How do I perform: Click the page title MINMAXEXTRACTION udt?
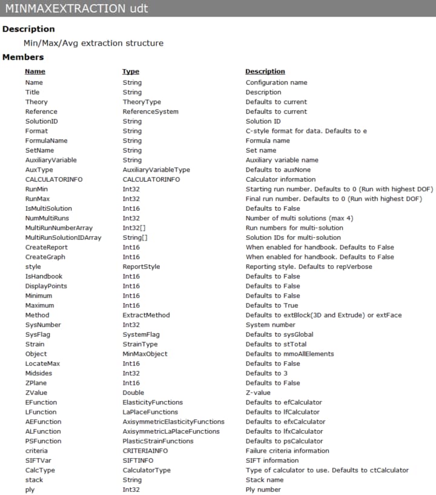pyautogui.click(x=76, y=9)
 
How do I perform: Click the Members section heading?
pyautogui.click(x=23, y=57)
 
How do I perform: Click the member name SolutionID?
pyautogui.click(x=41, y=121)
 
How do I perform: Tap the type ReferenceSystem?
pyautogui.click(x=150, y=111)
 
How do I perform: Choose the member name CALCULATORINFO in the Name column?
pyautogui.click(x=54, y=179)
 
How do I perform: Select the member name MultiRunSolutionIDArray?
pyautogui.click(x=63, y=238)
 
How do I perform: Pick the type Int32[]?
pyautogui.click(x=136, y=228)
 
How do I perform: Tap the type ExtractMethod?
pyautogui.click(x=146, y=315)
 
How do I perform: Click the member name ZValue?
pyautogui.click(x=36, y=393)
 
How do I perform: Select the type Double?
pyautogui.click(x=133, y=393)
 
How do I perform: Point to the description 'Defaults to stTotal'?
pyautogui.click(x=276, y=344)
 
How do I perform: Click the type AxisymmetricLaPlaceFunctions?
pyautogui.click(x=171, y=431)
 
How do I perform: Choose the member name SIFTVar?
pyautogui.click(x=37, y=460)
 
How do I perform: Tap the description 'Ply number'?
pyautogui.click(x=263, y=490)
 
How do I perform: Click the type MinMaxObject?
pyautogui.click(x=145, y=354)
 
